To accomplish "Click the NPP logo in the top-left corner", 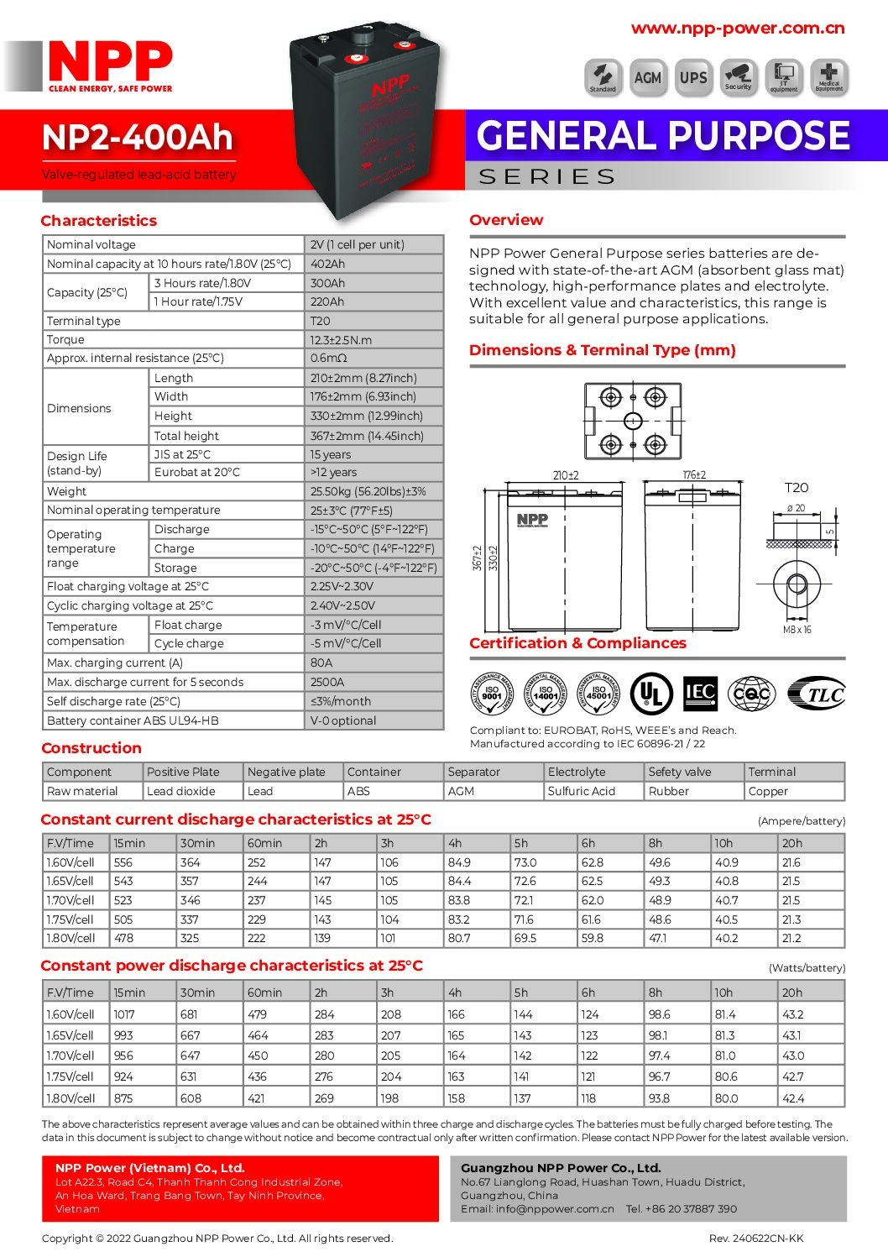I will pyautogui.click(x=109, y=65).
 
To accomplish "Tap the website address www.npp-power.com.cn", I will pyautogui.click(x=738, y=29).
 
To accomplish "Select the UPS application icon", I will pyautogui.click(x=693, y=77).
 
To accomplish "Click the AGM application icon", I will pyautogui.click(x=647, y=77).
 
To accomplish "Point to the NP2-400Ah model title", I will pyautogui.click(x=138, y=138).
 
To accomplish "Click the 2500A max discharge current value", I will pyautogui.click(x=327, y=682).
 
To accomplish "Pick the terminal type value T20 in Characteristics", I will pyautogui.click(x=321, y=321).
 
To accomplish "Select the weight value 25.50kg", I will pyautogui.click(x=368, y=491).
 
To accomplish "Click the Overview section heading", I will pyautogui.click(x=506, y=220).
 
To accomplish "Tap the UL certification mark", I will pyautogui.click(x=651, y=694).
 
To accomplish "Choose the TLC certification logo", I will pyautogui.click(x=817, y=694).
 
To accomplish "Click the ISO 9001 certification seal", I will pyautogui.click(x=492, y=694).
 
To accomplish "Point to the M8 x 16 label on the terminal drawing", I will pyautogui.click(x=797, y=630).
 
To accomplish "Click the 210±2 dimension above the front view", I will pyautogui.click(x=566, y=475).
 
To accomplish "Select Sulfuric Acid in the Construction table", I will pyautogui.click(x=582, y=791).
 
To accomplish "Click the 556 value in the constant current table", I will pyautogui.click(x=123, y=862).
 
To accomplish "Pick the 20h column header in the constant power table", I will pyautogui.click(x=792, y=993).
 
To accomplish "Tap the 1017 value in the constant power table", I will pyautogui.click(x=124, y=1014).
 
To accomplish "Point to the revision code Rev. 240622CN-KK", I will pyautogui.click(x=756, y=1238).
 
